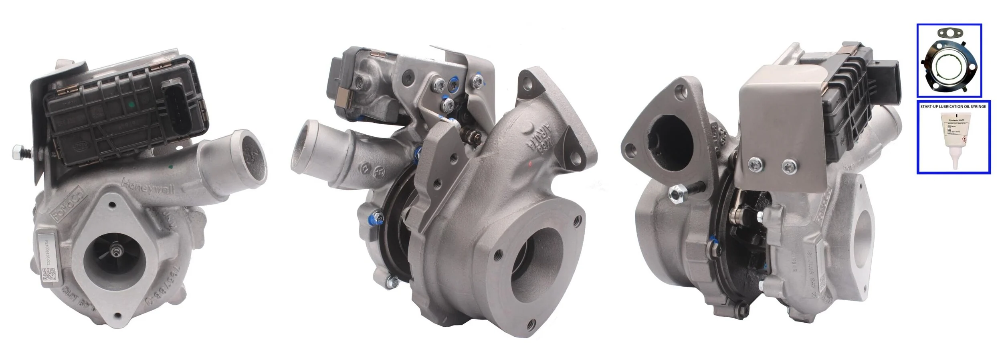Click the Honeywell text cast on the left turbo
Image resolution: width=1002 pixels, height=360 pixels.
148,186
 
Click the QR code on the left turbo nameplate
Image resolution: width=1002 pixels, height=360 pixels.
48,274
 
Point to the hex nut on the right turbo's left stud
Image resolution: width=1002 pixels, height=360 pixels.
676,193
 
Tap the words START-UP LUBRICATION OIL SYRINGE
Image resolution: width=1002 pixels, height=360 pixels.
954,107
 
